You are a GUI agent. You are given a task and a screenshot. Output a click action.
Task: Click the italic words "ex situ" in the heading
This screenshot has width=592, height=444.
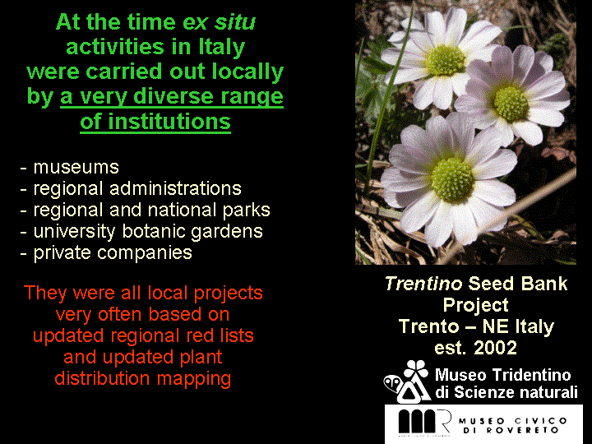click(x=219, y=22)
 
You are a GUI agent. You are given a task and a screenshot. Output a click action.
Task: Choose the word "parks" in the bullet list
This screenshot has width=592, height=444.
click(x=246, y=210)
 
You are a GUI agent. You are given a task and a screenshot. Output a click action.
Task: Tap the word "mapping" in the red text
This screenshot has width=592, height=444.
click(x=194, y=379)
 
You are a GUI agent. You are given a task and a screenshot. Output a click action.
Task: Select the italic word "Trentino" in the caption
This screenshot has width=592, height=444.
click(x=423, y=284)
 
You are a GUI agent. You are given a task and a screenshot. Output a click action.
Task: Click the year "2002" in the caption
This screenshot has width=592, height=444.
click(x=495, y=348)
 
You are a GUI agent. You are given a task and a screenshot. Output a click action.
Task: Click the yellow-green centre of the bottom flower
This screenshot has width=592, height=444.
click(x=453, y=180)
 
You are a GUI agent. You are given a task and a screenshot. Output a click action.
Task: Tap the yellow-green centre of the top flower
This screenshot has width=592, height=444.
click(x=446, y=60)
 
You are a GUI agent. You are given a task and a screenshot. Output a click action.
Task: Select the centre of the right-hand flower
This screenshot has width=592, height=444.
click(x=511, y=103)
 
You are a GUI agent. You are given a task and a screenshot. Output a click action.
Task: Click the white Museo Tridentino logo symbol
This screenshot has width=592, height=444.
click(x=407, y=382)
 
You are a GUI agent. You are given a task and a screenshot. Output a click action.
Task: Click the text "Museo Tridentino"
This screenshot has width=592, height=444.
click(x=503, y=375)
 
